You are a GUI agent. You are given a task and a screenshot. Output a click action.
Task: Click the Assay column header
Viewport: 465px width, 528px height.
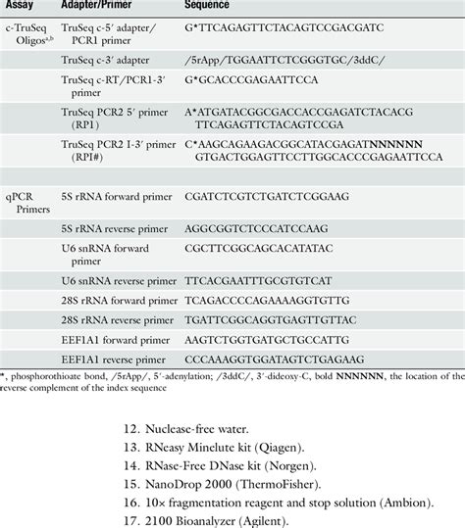point(21,7)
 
